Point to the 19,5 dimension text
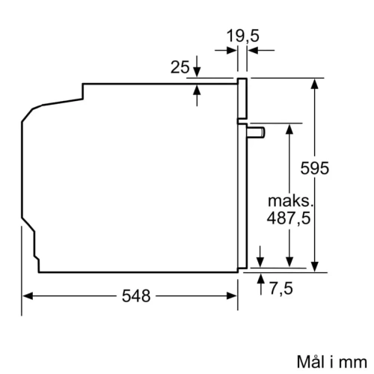coord(242,34)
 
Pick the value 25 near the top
coord(180,68)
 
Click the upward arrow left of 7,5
coord(260,280)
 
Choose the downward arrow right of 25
coord(197,70)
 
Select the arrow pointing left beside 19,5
coord(254,51)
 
